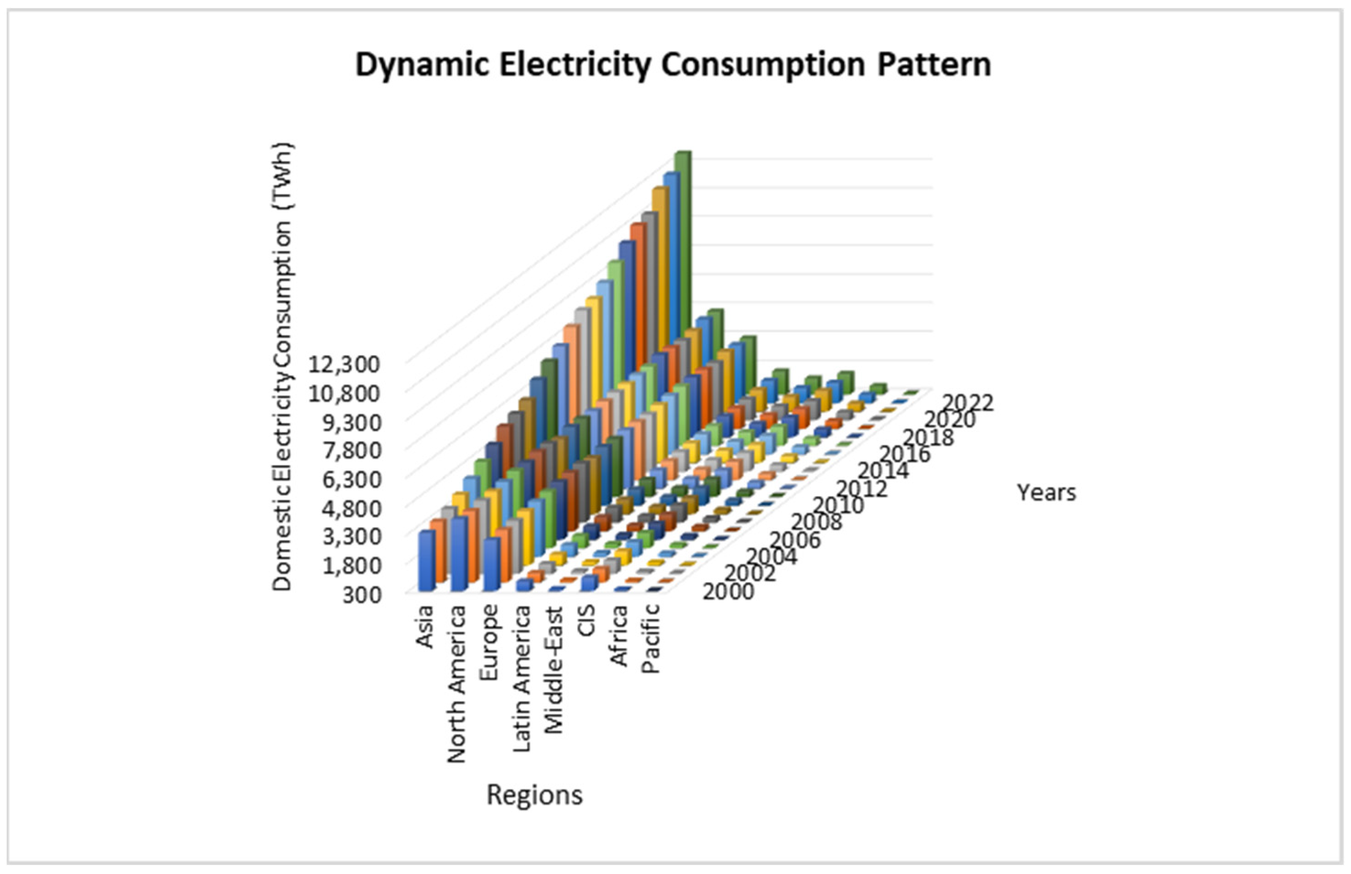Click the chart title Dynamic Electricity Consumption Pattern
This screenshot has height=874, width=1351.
[x=673, y=64]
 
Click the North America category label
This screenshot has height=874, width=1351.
[x=457, y=684]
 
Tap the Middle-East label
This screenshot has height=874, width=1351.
[x=553, y=670]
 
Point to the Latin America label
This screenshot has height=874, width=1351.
[x=521, y=678]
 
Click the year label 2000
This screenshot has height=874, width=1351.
[x=728, y=592]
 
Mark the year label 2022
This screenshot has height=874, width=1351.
[x=968, y=403]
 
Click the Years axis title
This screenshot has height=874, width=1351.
[x=1046, y=493]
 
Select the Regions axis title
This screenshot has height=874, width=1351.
[x=534, y=795]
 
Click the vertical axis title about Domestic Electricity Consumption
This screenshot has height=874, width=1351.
[x=282, y=366]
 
